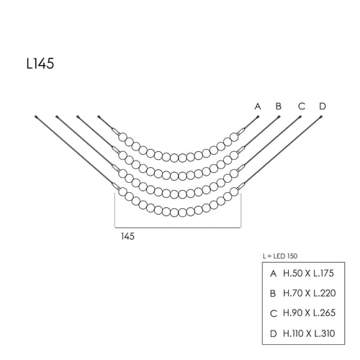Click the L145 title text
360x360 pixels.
[x=40, y=64]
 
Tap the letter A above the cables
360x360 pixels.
[x=258, y=106]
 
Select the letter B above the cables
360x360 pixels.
[x=279, y=106]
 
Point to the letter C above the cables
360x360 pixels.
[x=302, y=106]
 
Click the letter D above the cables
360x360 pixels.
[x=323, y=106]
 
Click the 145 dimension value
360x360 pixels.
[x=127, y=236]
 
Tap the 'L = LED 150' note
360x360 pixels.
[x=280, y=256]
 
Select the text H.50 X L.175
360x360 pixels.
[x=308, y=273]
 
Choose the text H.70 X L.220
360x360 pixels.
[x=310, y=293]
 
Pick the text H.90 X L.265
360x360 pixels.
[x=309, y=313]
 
